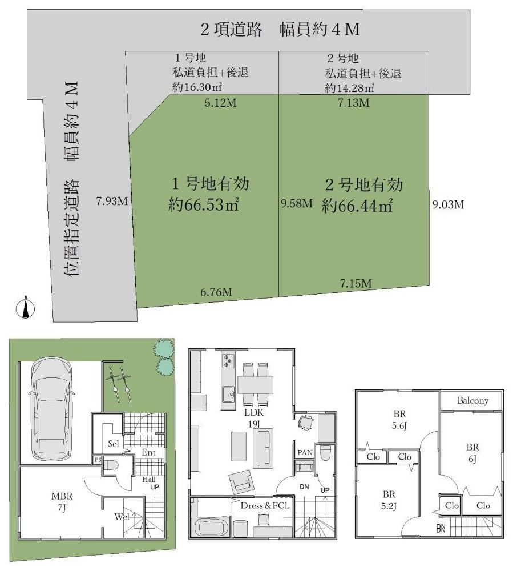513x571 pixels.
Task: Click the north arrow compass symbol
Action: point(25,308)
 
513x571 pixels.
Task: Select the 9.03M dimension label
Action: point(447,204)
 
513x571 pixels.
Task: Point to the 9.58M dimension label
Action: point(297,203)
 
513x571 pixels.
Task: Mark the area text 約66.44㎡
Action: point(357,204)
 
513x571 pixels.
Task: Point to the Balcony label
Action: point(472,400)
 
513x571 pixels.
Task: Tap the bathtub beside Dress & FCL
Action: point(212,525)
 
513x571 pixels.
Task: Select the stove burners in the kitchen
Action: point(228,361)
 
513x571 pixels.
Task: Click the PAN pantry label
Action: point(304,453)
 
